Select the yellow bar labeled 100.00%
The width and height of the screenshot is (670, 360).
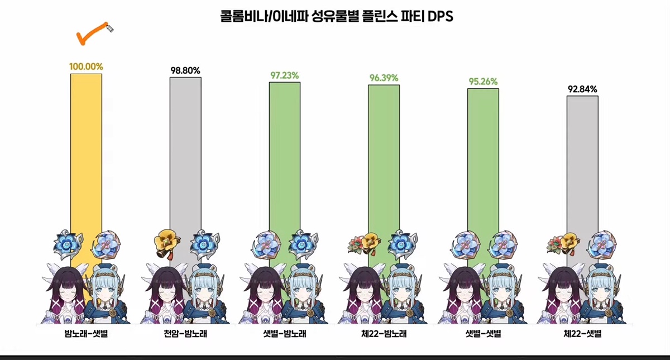click(x=86, y=151)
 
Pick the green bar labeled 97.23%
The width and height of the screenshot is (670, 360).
click(x=285, y=156)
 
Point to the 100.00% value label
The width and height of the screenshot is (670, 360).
click(x=86, y=66)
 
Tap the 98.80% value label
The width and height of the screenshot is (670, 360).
click(x=185, y=70)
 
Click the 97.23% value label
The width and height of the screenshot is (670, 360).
click(x=284, y=75)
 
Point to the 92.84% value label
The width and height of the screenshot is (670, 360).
click(x=582, y=89)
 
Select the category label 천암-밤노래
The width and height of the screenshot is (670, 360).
click(x=185, y=335)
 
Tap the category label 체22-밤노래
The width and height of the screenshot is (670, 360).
click(x=384, y=335)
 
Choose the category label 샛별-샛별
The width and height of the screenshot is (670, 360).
click(x=483, y=335)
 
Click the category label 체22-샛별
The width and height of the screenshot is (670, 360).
click(x=582, y=335)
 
